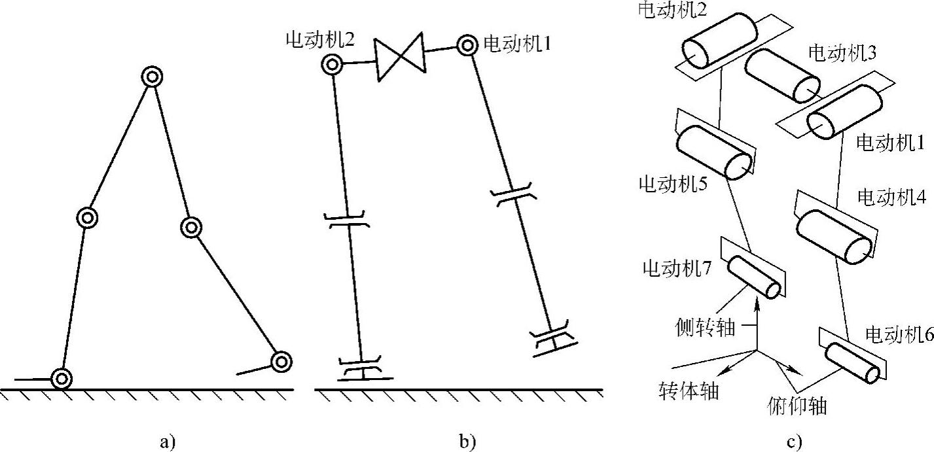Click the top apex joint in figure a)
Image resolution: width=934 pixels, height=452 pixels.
click(x=153, y=77)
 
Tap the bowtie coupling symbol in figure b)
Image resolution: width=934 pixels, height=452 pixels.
click(x=400, y=59)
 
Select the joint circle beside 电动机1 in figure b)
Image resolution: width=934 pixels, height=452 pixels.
click(x=467, y=45)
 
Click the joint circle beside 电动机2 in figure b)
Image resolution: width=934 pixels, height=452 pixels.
click(x=332, y=64)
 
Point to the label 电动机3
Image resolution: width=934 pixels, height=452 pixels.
click(x=842, y=53)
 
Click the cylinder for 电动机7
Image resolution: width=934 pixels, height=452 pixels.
click(x=755, y=277)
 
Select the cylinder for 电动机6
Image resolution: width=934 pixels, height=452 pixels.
click(x=852, y=362)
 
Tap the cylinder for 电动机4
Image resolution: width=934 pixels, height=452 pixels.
click(x=833, y=235)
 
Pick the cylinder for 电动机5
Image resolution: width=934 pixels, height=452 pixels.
click(x=713, y=152)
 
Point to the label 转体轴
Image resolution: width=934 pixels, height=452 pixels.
click(x=689, y=391)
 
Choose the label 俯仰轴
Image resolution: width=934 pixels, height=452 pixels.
click(x=796, y=406)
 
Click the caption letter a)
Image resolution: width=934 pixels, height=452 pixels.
click(x=168, y=442)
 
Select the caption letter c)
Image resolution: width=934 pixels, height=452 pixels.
click(x=795, y=442)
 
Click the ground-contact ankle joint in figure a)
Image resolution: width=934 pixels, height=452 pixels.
click(x=62, y=377)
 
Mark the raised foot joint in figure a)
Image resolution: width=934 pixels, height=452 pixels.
click(x=281, y=361)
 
